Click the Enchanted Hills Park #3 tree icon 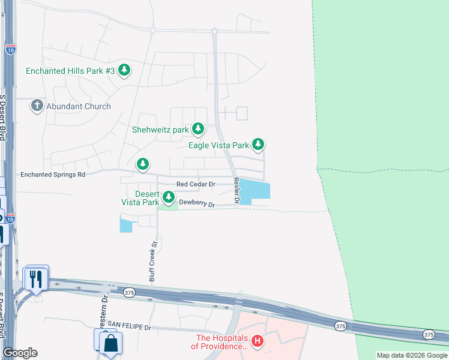124,71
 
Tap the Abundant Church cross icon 37,106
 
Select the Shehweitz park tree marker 197,129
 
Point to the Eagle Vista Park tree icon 258,145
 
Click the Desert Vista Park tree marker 169,197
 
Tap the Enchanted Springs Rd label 53,175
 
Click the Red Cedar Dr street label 196,184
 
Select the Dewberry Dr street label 197,203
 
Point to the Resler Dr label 237,190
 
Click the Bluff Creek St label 153,262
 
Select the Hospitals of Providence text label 219,342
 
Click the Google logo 20,353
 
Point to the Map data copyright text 411,355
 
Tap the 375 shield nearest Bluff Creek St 129,292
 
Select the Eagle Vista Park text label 218,145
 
